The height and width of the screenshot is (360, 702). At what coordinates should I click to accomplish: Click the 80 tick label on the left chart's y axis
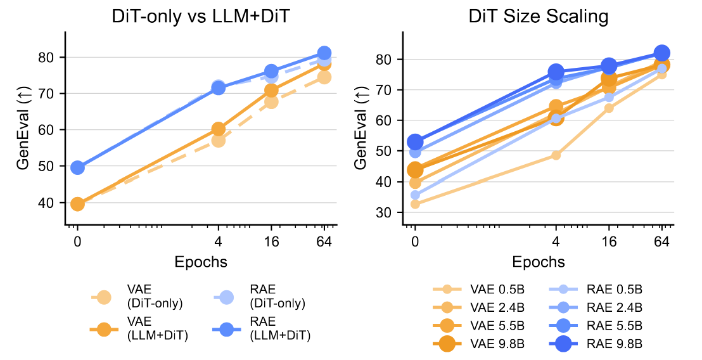(x=51, y=57)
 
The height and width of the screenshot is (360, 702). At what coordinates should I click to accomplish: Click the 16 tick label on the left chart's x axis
(x=271, y=242)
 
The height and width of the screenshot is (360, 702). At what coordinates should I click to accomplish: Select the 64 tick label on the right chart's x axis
(x=662, y=242)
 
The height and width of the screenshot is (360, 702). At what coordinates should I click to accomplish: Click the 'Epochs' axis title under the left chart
(x=201, y=261)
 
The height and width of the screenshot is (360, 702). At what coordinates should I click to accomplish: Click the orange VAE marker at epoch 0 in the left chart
(x=77, y=203)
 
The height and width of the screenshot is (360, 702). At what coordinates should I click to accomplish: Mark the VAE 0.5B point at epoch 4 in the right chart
(x=556, y=155)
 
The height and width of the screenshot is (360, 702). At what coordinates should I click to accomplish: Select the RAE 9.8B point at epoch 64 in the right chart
(x=661, y=53)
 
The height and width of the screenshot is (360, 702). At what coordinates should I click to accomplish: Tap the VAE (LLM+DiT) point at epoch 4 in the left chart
(x=218, y=129)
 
